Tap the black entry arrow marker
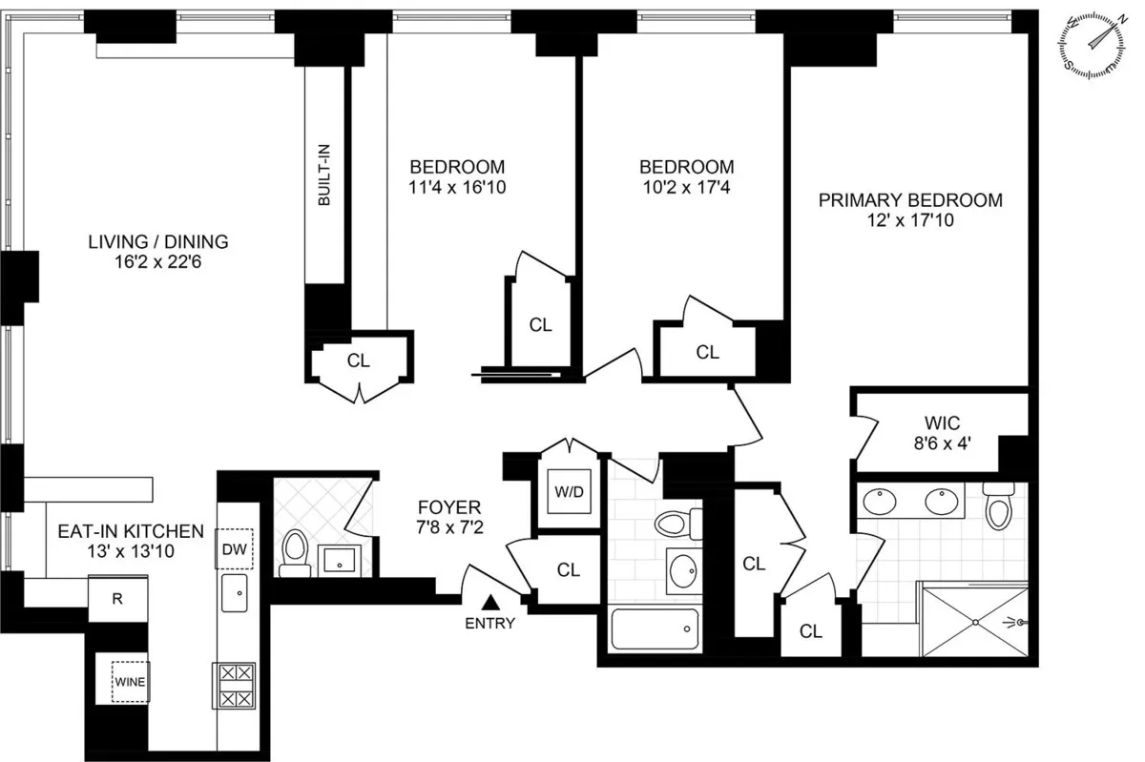click(x=490, y=602)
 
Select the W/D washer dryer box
click(x=569, y=494)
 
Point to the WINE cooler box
click(x=129, y=682)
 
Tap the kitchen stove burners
click(x=234, y=685)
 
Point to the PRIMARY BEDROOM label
click(x=910, y=200)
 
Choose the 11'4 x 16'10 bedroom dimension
click(x=456, y=187)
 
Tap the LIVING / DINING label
click(x=158, y=241)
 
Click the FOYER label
click(x=448, y=506)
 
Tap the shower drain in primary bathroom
click(x=974, y=621)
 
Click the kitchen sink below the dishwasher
click(x=234, y=593)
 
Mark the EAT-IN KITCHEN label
click(x=130, y=531)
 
